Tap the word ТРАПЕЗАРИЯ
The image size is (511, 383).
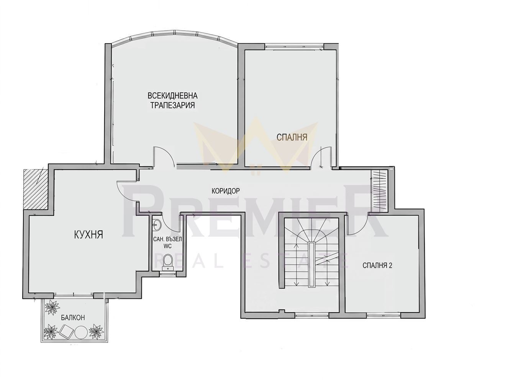pos(172,105)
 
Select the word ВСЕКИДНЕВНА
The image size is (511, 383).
pos(172,95)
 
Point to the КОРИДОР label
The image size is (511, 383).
pos(225,191)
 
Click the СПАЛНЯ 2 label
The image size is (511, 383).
pos(377,265)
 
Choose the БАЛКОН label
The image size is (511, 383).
pos(73,318)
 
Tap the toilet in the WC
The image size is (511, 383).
pos(168,262)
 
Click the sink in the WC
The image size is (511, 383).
pos(156,224)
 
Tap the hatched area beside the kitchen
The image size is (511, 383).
pos(36,189)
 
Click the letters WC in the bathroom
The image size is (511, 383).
pos(167,246)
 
